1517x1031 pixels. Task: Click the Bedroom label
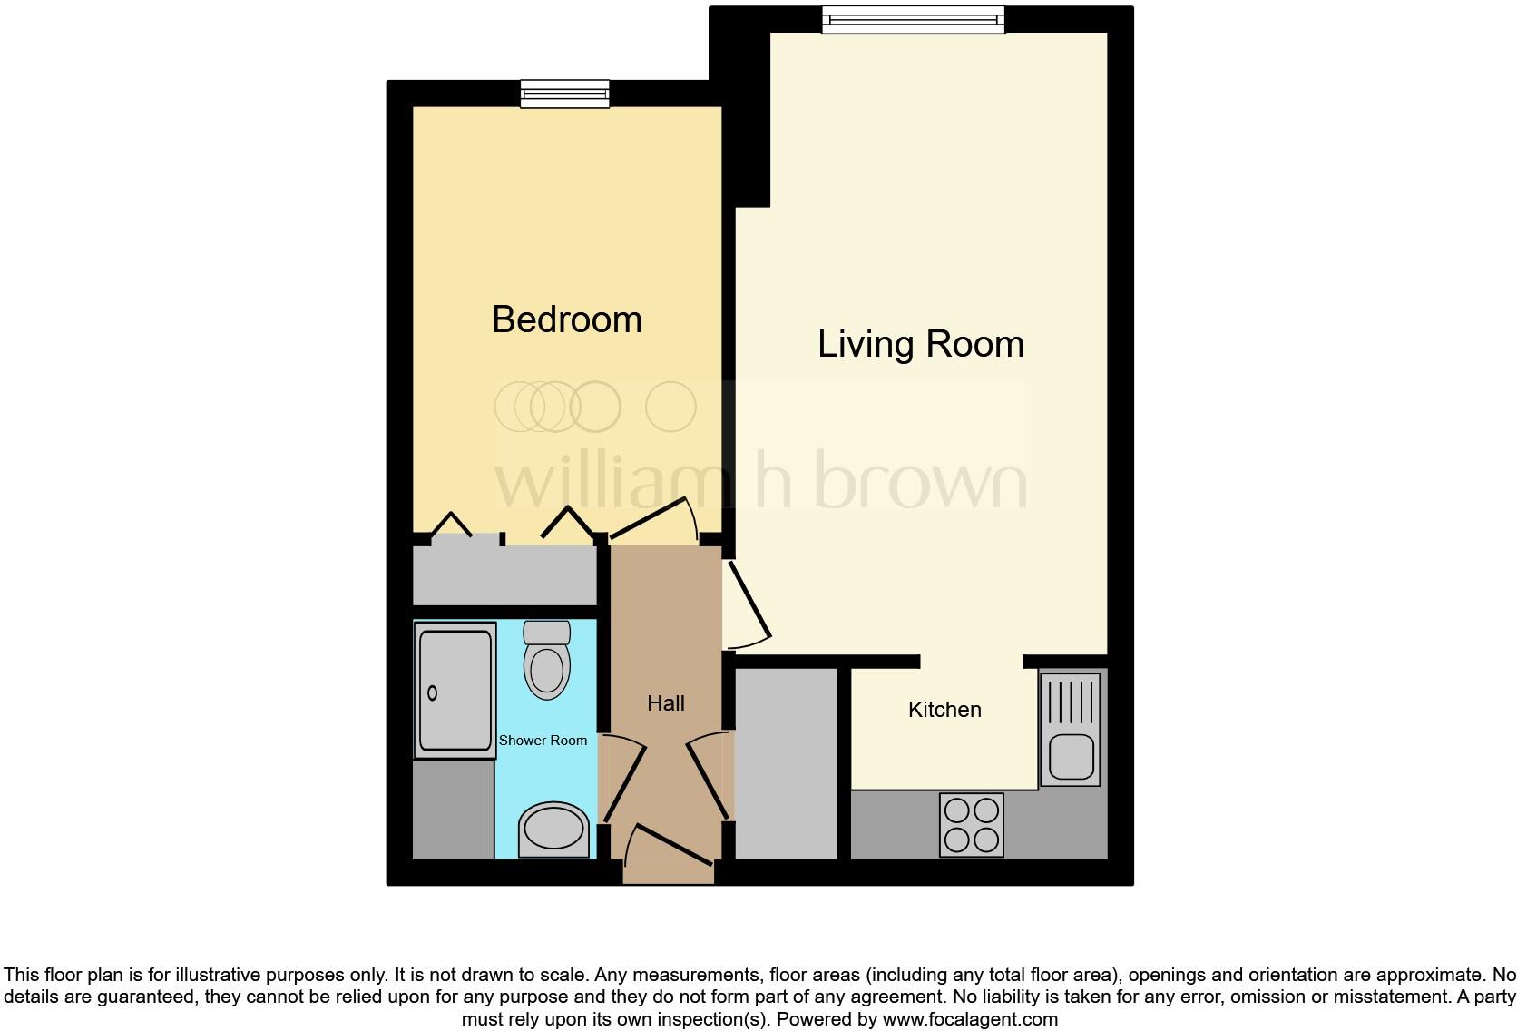(566, 319)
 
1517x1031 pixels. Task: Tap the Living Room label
(920, 344)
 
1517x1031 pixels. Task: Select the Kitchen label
(944, 710)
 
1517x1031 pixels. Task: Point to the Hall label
(665, 703)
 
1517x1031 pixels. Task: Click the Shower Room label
(543, 741)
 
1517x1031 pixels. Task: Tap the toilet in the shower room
(547, 661)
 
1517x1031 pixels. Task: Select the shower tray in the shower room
(455, 690)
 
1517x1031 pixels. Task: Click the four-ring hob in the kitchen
(972, 824)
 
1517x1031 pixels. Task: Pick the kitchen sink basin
(1071, 757)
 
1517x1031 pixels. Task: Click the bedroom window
(564, 93)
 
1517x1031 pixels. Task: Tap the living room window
(913, 19)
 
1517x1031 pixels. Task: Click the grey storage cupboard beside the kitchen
(786, 762)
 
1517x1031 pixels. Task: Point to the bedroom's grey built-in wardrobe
(504, 575)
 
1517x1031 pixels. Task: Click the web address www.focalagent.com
(970, 1019)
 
